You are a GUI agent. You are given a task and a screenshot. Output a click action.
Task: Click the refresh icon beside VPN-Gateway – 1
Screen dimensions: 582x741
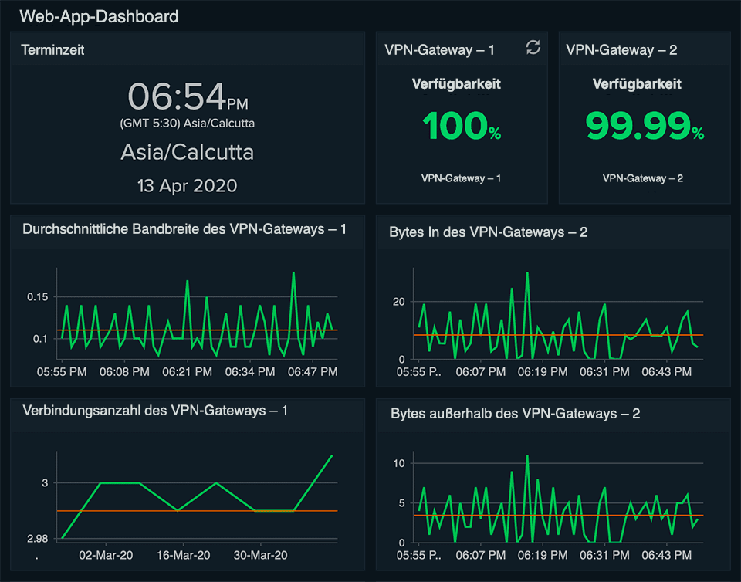pos(533,48)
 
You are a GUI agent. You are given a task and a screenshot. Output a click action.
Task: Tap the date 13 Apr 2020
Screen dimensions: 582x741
pos(188,185)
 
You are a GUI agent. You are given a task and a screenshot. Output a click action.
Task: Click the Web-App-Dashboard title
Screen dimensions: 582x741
pos(99,15)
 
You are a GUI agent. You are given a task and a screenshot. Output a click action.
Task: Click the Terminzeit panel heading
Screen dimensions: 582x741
pos(52,50)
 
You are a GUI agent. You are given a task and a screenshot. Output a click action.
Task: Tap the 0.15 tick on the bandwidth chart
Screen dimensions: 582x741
pos(37,297)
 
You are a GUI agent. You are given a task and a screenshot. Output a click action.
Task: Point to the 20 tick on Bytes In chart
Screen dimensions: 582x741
pos(399,302)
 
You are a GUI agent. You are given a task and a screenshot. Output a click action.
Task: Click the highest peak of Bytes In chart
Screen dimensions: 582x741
pos(527,272)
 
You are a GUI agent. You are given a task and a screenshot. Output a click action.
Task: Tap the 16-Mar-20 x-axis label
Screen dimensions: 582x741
pos(184,555)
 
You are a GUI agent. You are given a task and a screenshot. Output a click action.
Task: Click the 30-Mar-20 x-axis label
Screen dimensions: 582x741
pos(260,555)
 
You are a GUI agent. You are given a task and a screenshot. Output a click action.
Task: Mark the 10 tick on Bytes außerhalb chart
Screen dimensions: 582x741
pos(399,463)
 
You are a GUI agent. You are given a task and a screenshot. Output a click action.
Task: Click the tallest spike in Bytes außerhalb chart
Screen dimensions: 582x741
pos(527,456)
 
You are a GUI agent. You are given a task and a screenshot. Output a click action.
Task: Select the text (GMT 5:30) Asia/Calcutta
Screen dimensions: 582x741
pos(188,124)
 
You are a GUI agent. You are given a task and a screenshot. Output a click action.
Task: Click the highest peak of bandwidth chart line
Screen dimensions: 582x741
pos(293,272)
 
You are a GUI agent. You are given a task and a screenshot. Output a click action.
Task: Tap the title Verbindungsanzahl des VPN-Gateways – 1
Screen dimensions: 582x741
pos(155,411)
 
